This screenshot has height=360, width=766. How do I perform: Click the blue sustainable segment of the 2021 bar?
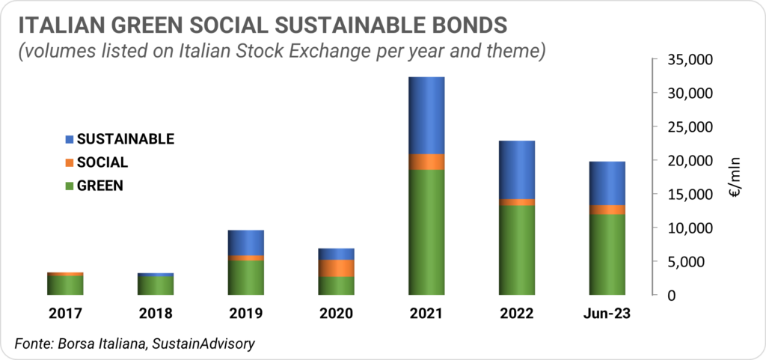pos(426,115)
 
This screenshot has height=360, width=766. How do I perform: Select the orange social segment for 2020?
pos(336,268)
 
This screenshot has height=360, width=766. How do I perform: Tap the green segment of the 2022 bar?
pos(517,250)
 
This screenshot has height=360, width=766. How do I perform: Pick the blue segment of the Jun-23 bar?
pos(607,183)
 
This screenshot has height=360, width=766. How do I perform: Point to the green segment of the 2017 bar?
pos(65,285)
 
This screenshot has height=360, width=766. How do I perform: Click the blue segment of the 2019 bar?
pos(245,242)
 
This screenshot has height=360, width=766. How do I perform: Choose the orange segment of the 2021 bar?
pos(426,162)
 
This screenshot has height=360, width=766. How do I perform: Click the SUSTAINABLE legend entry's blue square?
pos(69,139)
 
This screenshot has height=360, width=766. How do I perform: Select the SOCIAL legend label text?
pos(102,162)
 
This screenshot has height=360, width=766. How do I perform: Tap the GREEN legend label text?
pos(100,186)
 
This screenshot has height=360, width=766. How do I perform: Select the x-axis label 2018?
pos(156,313)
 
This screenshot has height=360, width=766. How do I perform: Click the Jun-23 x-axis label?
pos(607,313)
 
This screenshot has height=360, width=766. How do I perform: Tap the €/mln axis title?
pos(735,177)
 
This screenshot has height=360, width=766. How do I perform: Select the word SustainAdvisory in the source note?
pos(203,344)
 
